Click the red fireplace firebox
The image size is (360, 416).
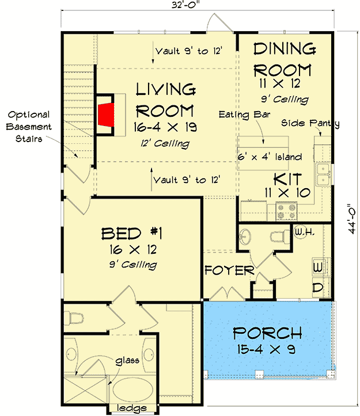[107, 115]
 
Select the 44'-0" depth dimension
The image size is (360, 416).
[352, 219]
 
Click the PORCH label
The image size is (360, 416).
[267, 333]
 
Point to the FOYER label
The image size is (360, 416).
[230, 270]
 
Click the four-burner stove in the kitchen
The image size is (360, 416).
[286, 211]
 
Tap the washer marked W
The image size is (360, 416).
[318, 267]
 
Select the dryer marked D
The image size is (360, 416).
[318, 287]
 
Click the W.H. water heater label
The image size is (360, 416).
[305, 232]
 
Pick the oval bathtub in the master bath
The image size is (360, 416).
[133, 390]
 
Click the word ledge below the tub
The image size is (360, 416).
[132, 408]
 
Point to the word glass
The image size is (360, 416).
[127, 361]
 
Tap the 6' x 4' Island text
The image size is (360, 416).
[270, 157]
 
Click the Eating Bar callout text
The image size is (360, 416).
[244, 115]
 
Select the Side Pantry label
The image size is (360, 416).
[310, 123]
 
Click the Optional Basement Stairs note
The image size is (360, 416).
[29, 127]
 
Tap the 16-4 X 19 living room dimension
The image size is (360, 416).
[165, 127]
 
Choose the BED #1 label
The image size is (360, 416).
[132, 234]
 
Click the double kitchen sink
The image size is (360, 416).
[323, 174]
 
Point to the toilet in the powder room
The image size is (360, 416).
[279, 236]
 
